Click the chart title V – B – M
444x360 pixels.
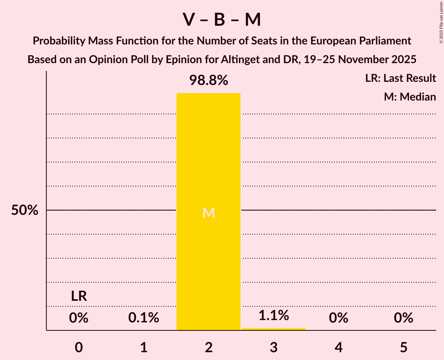coord(222,20)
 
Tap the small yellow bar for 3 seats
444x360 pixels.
coord(274,329)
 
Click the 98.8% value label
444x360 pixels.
coord(209,81)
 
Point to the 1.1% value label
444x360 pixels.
coord(274,315)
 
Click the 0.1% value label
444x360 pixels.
coord(143,318)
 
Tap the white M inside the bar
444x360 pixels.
coord(209,213)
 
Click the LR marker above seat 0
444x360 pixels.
coord(79,296)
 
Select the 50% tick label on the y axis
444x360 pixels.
coord(25,210)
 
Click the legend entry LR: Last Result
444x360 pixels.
coord(400,78)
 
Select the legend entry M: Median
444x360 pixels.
coord(410,97)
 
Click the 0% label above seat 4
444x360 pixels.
coord(338,318)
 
